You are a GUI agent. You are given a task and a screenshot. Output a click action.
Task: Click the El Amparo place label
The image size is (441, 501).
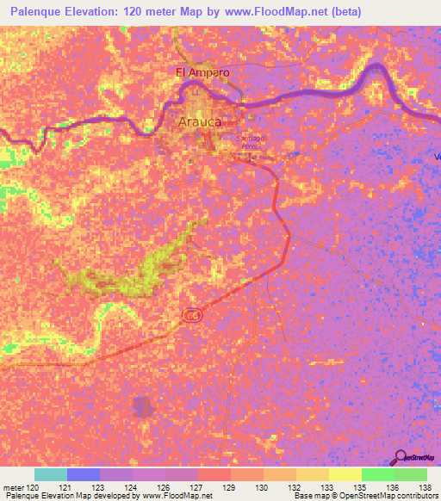pyautogui.click(x=202, y=73)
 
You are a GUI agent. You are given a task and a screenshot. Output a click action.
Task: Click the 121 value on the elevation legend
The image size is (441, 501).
pyautogui.click(x=66, y=486)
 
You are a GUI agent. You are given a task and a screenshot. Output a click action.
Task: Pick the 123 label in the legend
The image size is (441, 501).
pyautogui.click(x=100, y=486)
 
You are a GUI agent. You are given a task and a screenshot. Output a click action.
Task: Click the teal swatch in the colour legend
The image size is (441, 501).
pyautogui.click(x=51, y=474)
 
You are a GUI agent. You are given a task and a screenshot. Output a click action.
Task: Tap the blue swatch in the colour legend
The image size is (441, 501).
pyautogui.click(x=84, y=474)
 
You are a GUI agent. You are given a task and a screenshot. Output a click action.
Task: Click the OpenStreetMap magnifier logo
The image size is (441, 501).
pyautogui.click(x=401, y=457)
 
